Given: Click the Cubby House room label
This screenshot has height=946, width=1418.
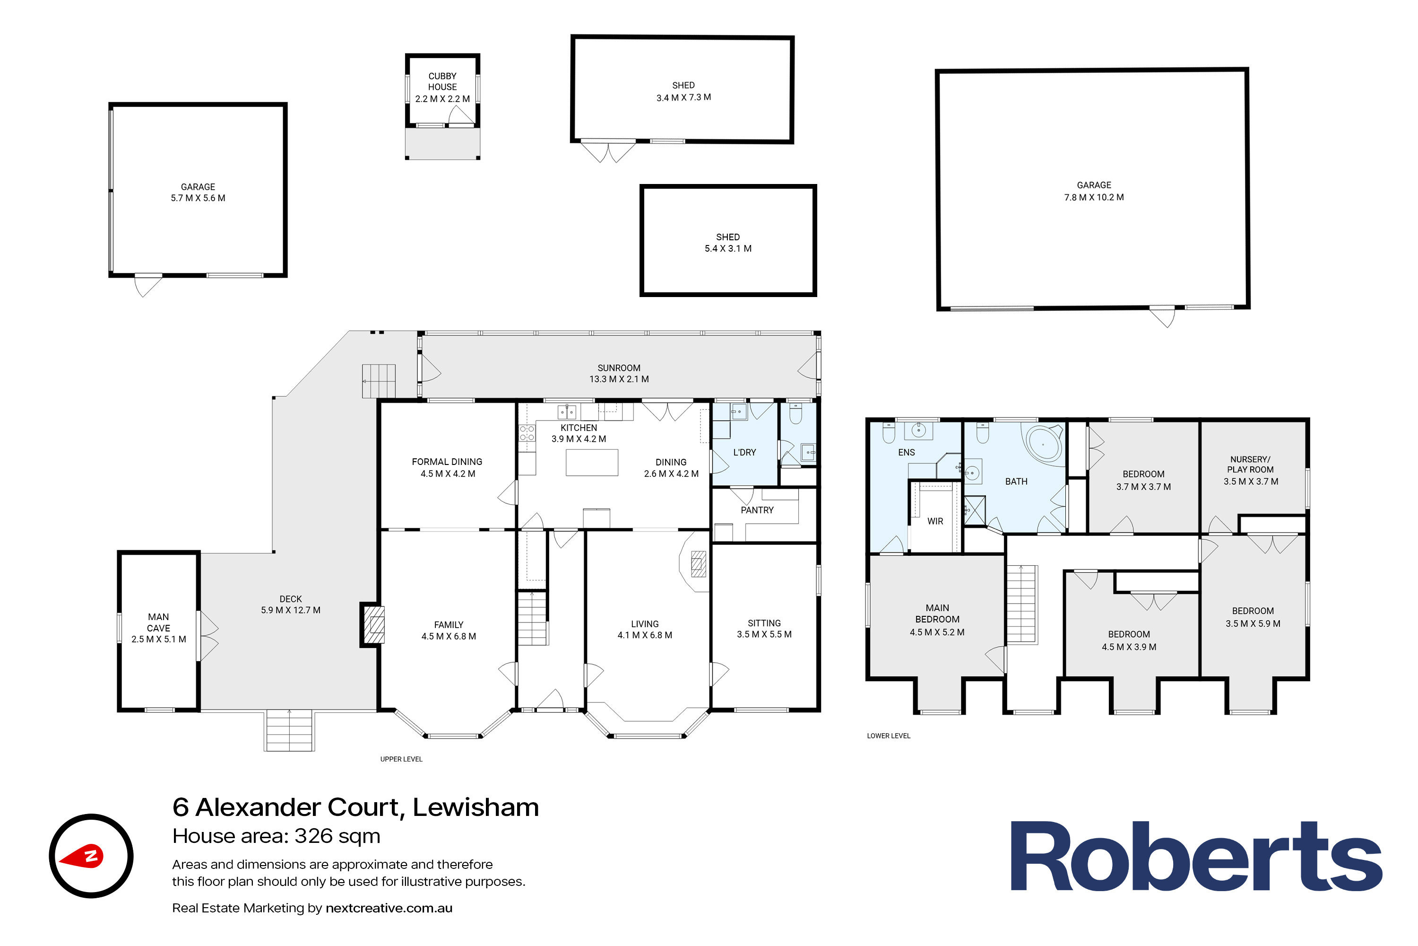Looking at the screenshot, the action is (x=442, y=81).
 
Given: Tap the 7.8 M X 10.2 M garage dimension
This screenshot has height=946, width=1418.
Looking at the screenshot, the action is (x=1094, y=197).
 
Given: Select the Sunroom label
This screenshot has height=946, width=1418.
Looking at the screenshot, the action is (x=619, y=368).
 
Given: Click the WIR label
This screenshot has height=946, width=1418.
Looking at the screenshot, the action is (x=935, y=521).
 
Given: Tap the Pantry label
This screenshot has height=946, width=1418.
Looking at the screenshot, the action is (x=757, y=510).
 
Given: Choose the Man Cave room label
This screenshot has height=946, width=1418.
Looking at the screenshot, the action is (x=158, y=622).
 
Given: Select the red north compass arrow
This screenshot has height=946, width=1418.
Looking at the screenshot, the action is (x=81, y=856).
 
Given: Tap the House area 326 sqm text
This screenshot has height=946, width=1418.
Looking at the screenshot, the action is (x=276, y=836).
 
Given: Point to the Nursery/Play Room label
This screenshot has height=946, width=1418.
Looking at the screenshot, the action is (x=1250, y=464).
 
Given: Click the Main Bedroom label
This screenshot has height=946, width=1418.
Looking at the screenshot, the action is (x=937, y=613).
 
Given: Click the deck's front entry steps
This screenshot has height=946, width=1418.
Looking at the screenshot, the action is (x=289, y=731).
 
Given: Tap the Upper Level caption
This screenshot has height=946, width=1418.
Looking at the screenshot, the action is (x=401, y=759).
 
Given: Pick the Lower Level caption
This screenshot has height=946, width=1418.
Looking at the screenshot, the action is (x=888, y=736).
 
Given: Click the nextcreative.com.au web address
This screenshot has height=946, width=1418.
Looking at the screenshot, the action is (x=389, y=908).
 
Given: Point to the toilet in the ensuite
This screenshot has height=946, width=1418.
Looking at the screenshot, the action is (x=889, y=433).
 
